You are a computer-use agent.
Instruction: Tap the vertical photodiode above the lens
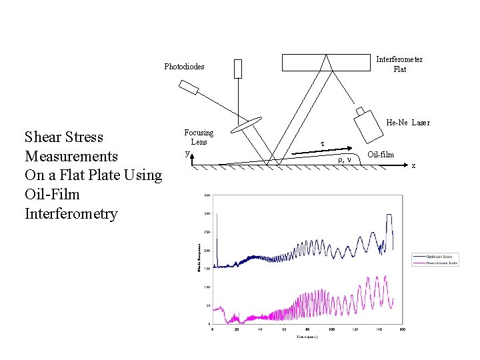[238, 69]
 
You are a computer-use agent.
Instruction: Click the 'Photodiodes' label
[185, 67]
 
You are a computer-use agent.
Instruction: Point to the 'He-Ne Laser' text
[408, 123]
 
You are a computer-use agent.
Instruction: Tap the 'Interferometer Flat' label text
[399, 64]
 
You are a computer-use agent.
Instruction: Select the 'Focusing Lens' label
[199, 137]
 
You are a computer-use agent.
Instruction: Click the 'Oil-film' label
[381, 155]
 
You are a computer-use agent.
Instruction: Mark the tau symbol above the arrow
[323, 143]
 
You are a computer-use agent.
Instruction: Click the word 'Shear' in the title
[44, 137]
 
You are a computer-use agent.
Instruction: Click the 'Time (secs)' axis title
[307, 337]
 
